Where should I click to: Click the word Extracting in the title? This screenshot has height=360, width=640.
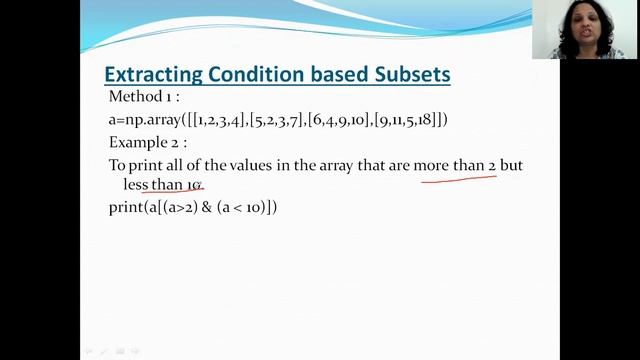click(155, 75)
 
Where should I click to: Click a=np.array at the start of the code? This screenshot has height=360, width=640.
click(143, 120)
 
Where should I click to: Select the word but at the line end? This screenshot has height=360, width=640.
click(511, 165)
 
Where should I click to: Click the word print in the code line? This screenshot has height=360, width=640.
click(126, 208)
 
